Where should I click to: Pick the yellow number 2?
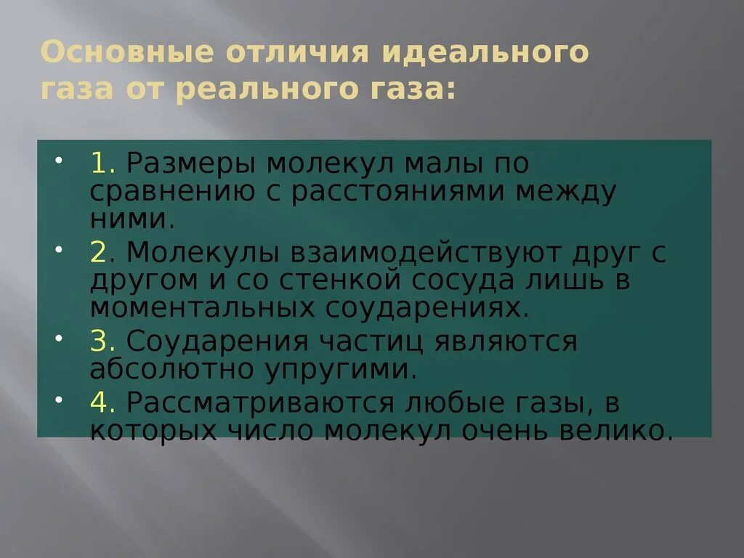click(x=99, y=252)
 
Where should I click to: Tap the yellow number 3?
click(x=99, y=341)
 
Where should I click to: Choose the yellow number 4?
click(x=99, y=400)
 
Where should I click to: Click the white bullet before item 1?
click(x=59, y=158)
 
